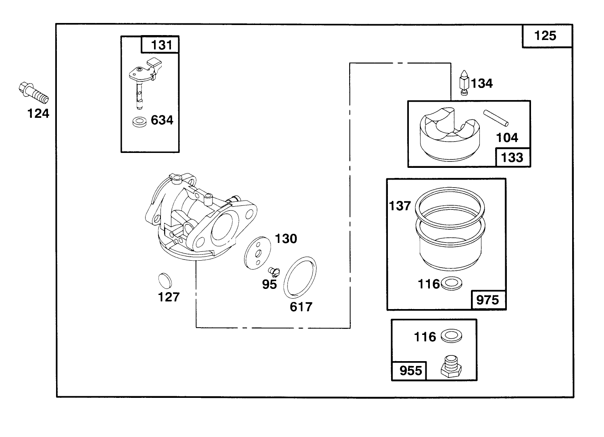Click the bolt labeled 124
(x=33, y=92)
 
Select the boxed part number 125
(x=546, y=36)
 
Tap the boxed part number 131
(x=160, y=45)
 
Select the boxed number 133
(x=512, y=157)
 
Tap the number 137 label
(x=400, y=206)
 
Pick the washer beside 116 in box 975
(x=452, y=284)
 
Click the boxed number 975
(x=487, y=300)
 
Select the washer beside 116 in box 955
(x=451, y=336)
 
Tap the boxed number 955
(x=410, y=370)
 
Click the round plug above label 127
(x=165, y=280)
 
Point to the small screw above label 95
(x=273, y=271)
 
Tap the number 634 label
(x=162, y=120)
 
